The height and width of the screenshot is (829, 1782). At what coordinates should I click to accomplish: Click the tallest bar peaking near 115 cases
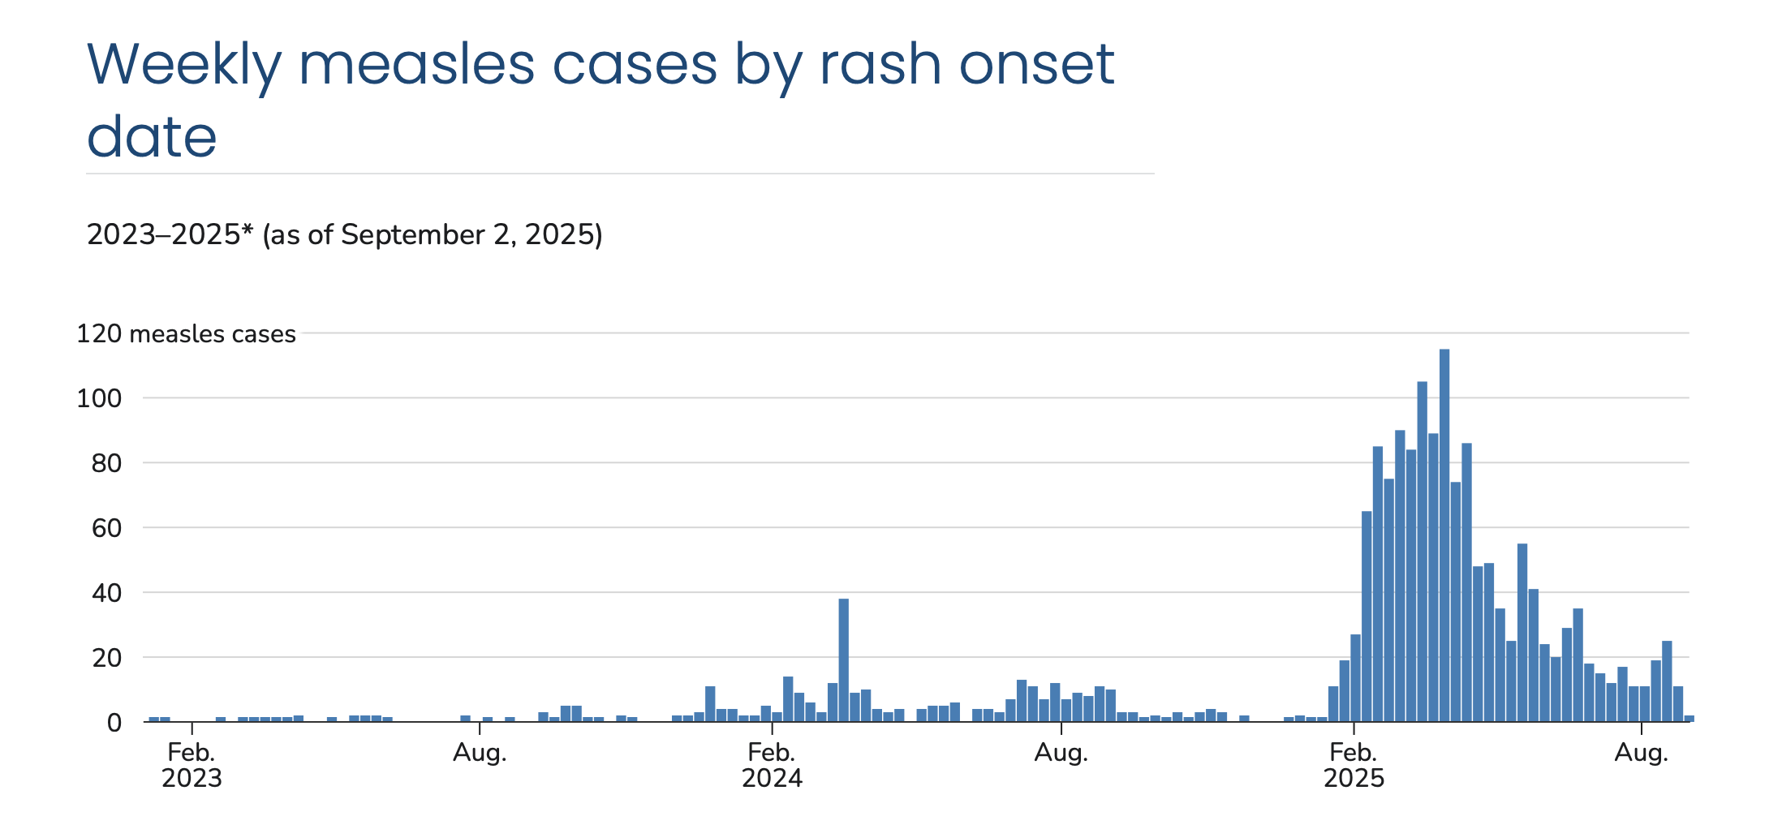pyautogui.click(x=1444, y=535)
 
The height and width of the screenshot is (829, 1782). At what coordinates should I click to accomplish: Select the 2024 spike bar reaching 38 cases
pyautogui.click(x=844, y=660)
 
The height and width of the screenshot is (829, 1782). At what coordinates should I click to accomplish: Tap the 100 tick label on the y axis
pyautogui.click(x=99, y=398)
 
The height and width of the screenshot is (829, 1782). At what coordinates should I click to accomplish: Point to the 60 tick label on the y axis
pyautogui.click(x=106, y=528)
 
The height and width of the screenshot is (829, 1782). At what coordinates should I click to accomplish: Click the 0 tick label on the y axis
pyautogui.click(x=114, y=723)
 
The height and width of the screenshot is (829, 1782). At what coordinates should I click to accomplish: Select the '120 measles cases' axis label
pyautogui.click(x=186, y=334)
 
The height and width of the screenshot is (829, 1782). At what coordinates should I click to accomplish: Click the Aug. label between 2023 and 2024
pyautogui.click(x=480, y=753)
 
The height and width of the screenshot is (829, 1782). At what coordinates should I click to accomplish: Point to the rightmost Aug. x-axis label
pyautogui.click(x=1642, y=753)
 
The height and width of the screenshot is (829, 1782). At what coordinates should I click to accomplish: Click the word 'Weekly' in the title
pyautogui.click(x=183, y=65)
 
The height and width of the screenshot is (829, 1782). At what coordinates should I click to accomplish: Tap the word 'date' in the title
pyautogui.click(x=152, y=136)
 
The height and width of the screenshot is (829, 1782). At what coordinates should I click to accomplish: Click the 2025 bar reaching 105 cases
pyautogui.click(x=1423, y=552)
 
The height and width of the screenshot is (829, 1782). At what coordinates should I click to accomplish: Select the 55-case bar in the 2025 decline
pyautogui.click(x=1522, y=633)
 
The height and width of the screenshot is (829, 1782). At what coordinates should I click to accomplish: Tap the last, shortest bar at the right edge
pyautogui.click(x=1689, y=719)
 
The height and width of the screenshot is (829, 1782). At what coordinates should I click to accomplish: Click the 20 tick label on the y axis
pyautogui.click(x=106, y=658)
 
